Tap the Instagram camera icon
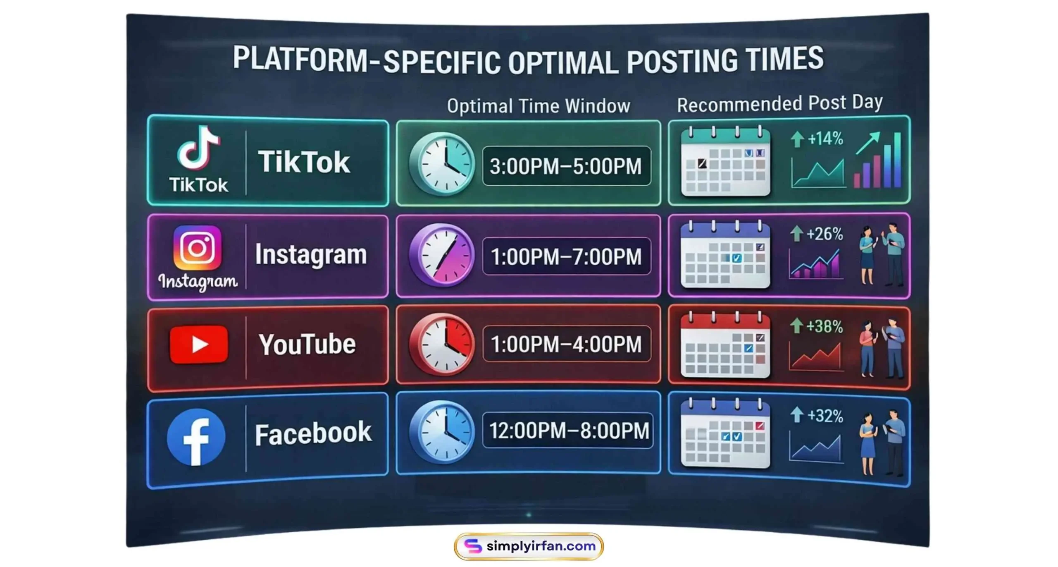[x=197, y=248]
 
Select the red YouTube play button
[x=199, y=345]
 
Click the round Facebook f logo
[x=196, y=437]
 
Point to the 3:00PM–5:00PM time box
[x=566, y=166]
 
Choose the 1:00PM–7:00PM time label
[x=566, y=256]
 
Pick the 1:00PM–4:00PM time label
[x=566, y=344]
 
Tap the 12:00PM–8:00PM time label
[x=568, y=431]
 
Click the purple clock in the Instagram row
[x=442, y=255]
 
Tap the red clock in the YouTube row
[x=442, y=344]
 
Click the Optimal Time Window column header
[x=538, y=106]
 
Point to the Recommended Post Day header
[x=779, y=103]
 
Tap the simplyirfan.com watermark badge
[x=529, y=546]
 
